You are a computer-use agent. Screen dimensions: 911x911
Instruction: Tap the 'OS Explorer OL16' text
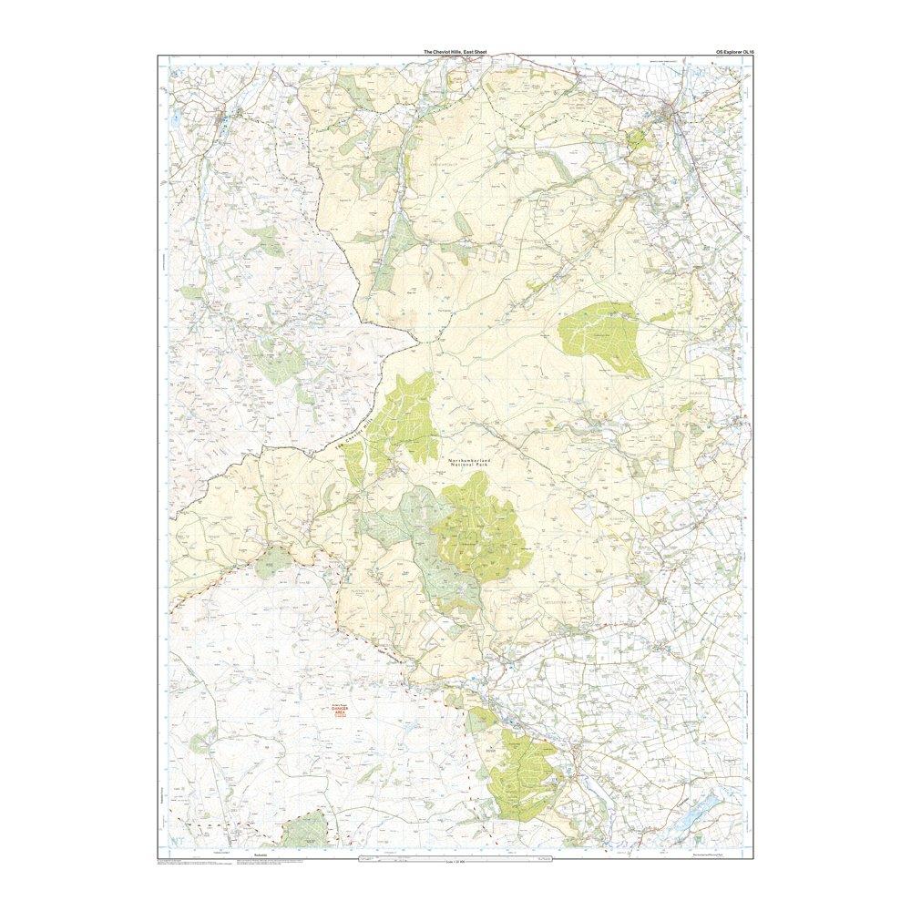pyautogui.click(x=735, y=52)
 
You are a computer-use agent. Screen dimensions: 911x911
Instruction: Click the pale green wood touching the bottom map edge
pyautogui.click(x=305, y=830)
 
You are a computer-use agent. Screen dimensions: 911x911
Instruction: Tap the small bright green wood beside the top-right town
pyautogui.click(x=639, y=138)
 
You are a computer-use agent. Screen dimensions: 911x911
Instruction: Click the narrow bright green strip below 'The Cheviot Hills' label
pyautogui.click(x=353, y=465)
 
